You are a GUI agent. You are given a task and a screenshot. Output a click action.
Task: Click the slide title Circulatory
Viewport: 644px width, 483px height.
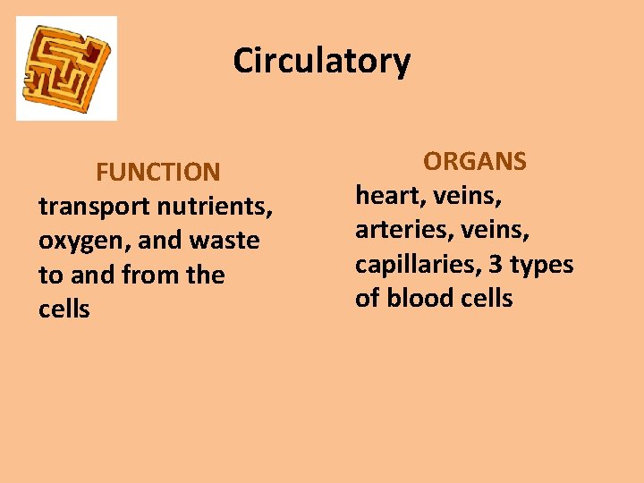322,61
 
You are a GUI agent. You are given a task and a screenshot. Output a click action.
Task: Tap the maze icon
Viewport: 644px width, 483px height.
66,68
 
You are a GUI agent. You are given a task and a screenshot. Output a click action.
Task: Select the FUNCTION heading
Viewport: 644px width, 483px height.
158,172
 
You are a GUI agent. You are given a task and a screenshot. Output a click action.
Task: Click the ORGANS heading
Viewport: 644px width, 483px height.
475,162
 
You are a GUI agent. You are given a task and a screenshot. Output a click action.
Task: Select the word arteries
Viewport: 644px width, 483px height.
397,231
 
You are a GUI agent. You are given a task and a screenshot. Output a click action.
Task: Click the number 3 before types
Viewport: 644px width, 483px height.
495,265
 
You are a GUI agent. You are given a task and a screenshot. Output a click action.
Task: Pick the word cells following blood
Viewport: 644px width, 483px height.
487,299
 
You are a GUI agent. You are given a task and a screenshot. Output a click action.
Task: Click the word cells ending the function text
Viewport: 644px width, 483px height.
64,309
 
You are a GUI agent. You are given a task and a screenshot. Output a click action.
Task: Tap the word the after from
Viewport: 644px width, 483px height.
206,275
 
